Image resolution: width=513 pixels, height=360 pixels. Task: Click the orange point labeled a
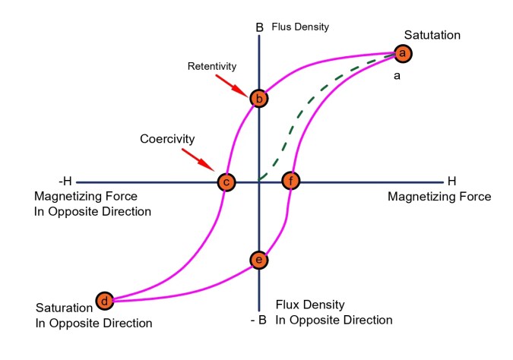pos(403,53)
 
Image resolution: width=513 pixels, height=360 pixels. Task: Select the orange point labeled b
pos(259,98)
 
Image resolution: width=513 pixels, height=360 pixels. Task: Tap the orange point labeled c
pos(226,182)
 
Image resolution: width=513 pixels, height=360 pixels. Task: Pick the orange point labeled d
pos(104,302)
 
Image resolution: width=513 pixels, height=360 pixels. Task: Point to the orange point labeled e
pos(259,260)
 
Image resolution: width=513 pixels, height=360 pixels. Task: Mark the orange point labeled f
pos(291,182)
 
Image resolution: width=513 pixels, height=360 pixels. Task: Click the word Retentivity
pos(212,66)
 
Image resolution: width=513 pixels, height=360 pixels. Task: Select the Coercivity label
pos(168,140)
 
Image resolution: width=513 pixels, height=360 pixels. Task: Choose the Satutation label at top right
pos(432,35)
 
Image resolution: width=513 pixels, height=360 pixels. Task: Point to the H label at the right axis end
pos(451,182)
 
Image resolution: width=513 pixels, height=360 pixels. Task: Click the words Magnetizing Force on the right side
pos(439,197)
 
